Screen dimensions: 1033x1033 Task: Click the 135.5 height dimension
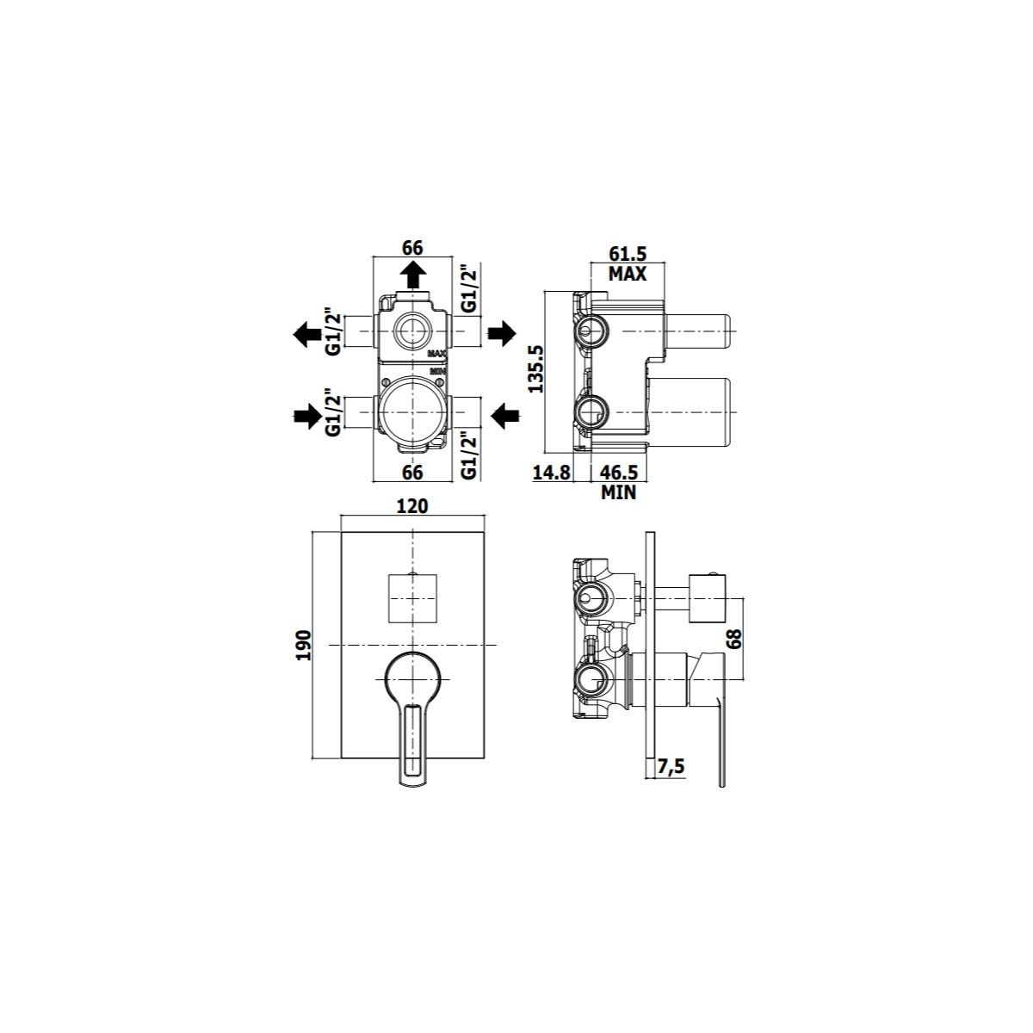536,368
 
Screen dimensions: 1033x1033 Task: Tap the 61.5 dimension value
628,253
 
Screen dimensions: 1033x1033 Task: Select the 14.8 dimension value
552,473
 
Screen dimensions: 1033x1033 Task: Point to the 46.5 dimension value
619,473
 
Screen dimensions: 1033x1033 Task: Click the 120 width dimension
413,505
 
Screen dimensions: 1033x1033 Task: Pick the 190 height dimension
304,645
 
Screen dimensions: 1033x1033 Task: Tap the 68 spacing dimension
734,639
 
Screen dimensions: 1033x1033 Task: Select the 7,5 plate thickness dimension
671,767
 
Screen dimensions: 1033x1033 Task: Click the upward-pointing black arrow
413,275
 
